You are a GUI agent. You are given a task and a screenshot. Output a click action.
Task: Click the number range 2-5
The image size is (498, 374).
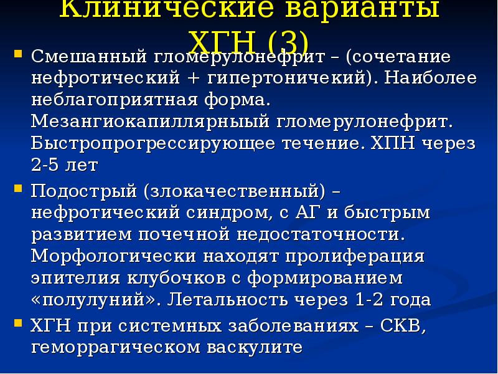point(46,166)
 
